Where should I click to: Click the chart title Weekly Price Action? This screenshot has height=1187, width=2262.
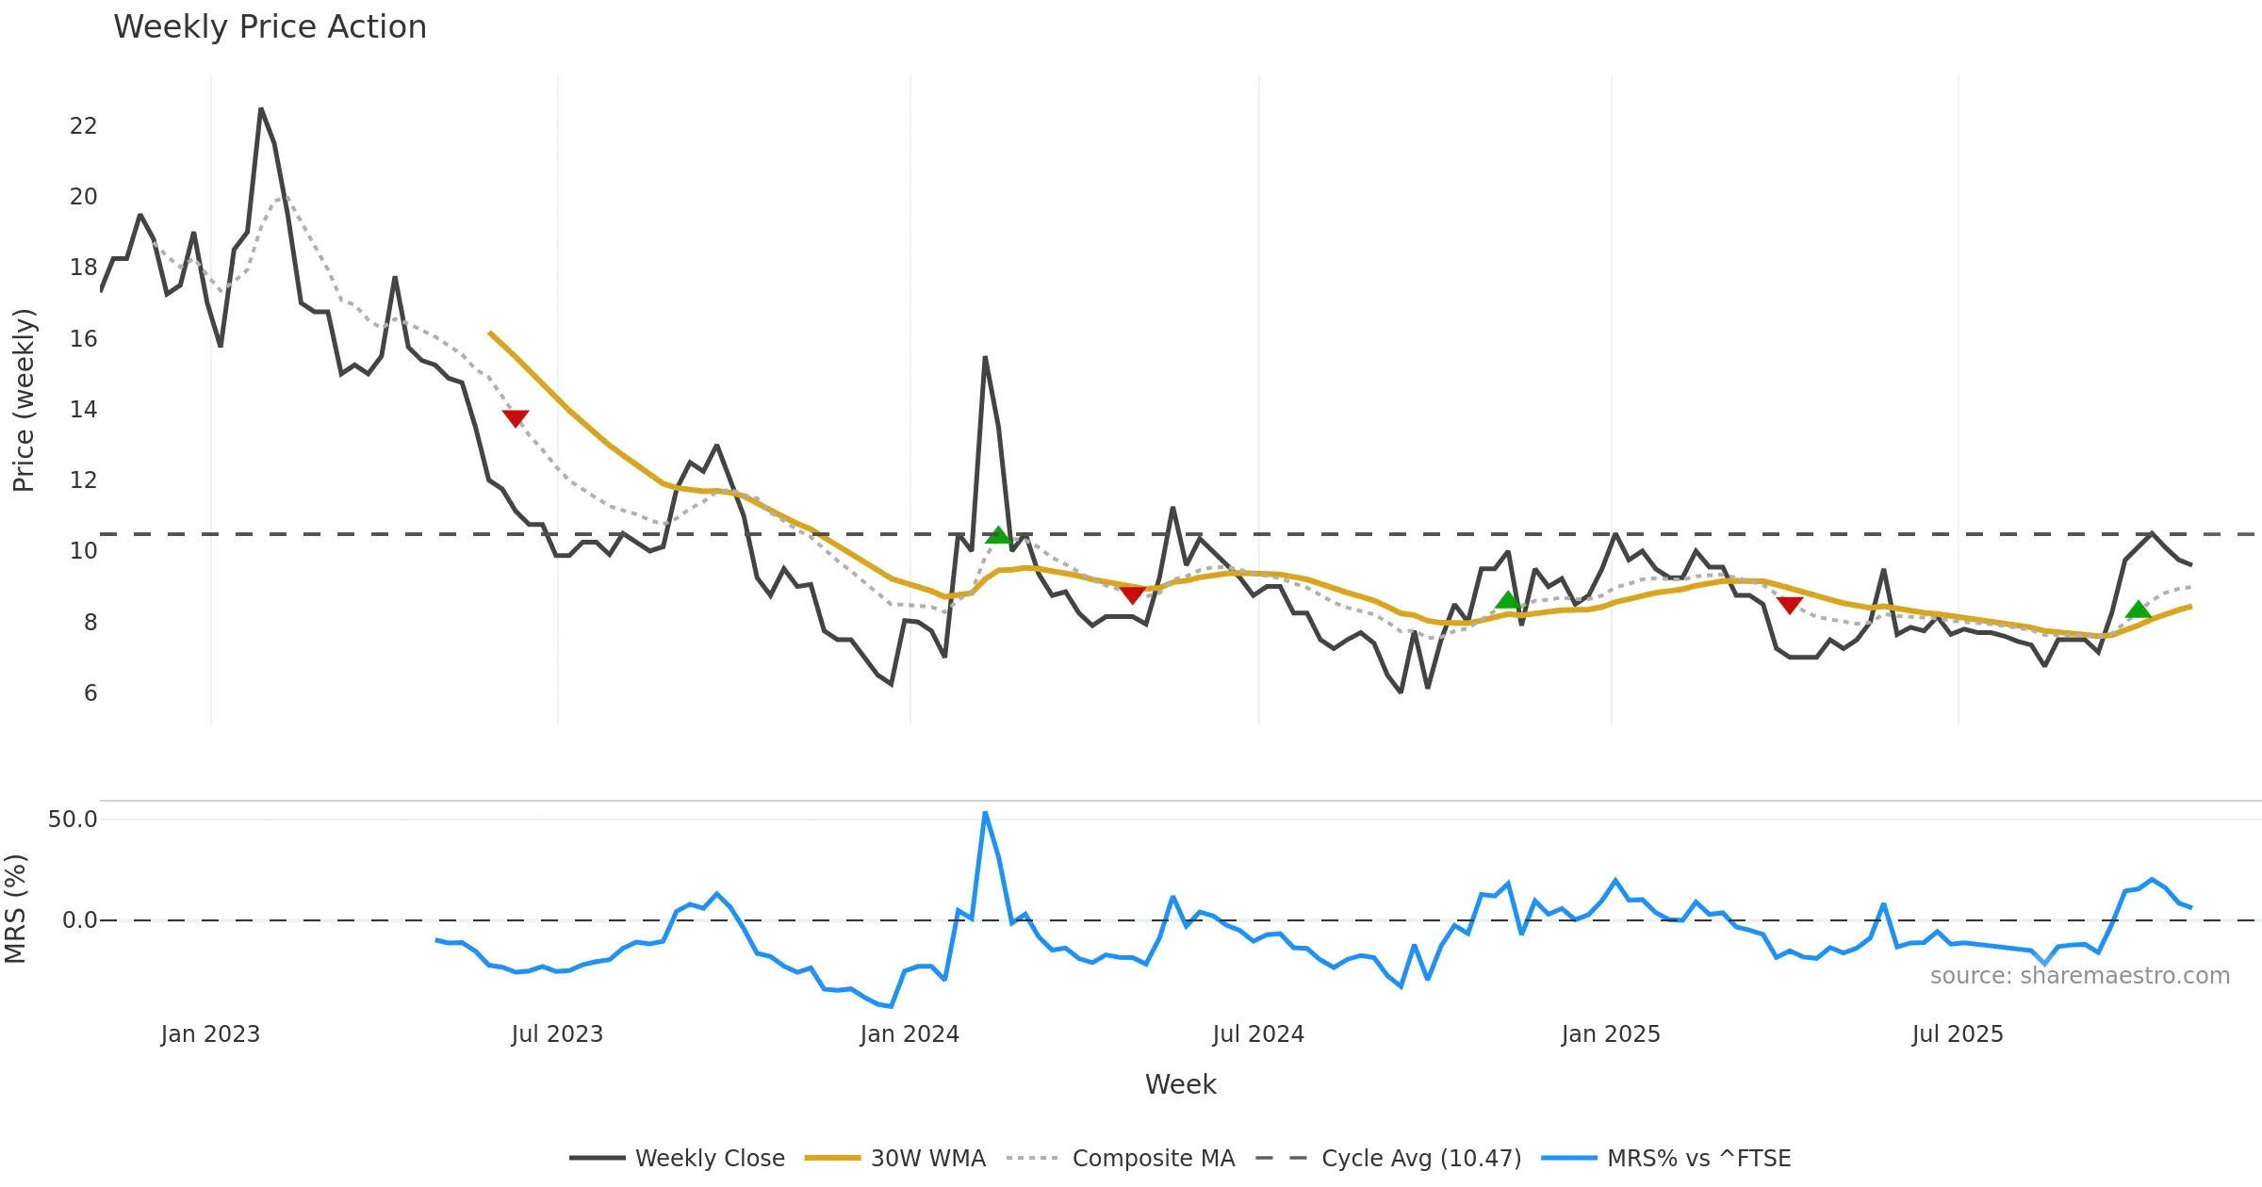click(270, 27)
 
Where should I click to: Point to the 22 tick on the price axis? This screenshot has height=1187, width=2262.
click(83, 126)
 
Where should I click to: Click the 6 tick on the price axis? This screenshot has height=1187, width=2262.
click(90, 693)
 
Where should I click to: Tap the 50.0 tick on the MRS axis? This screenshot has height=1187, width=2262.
click(73, 820)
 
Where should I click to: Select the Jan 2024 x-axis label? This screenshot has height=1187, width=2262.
click(910, 1034)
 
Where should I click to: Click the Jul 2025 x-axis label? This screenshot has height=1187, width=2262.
click(1958, 1034)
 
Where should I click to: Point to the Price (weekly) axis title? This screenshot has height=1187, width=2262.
click(24, 400)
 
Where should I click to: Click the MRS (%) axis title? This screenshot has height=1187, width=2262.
click(16, 909)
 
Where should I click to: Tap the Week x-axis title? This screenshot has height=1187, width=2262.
click(1180, 1085)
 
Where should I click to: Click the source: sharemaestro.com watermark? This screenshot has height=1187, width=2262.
click(2079, 976)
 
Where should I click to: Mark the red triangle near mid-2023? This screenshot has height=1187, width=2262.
click(516, 417)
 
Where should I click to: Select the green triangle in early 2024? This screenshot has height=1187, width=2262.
click(997, 535)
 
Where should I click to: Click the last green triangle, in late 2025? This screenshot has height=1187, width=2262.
click(2139, 610)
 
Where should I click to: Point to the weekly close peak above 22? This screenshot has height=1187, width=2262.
click(261, 109)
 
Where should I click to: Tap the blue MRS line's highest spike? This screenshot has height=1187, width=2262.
click(985, 812)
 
